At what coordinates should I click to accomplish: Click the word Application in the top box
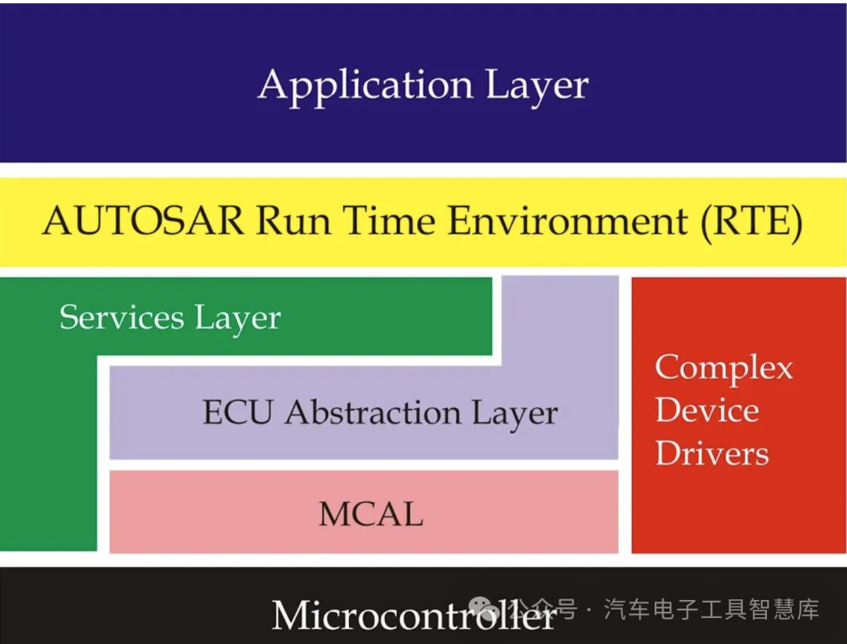click(x=365, y=86)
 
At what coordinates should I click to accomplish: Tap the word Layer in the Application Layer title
click(x=537, y=86)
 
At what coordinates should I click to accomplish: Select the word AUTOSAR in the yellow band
click(x=144, y=221)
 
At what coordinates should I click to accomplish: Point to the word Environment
click(x=567, y=221)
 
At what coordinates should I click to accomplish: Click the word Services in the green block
click(x=122, y=318)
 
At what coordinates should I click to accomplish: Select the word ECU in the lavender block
click(x=238, y=413)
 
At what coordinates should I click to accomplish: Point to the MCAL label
click(x=370, y=514)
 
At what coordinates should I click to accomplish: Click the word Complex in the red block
click(x=724, y=369)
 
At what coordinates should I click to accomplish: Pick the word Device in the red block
click(x=707, y=411)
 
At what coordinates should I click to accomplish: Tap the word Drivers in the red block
click(x=712, y=453)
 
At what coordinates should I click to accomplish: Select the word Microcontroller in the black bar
click(x=413, y=616)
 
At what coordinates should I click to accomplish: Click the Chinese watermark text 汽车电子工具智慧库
click(x=711, y=609)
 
